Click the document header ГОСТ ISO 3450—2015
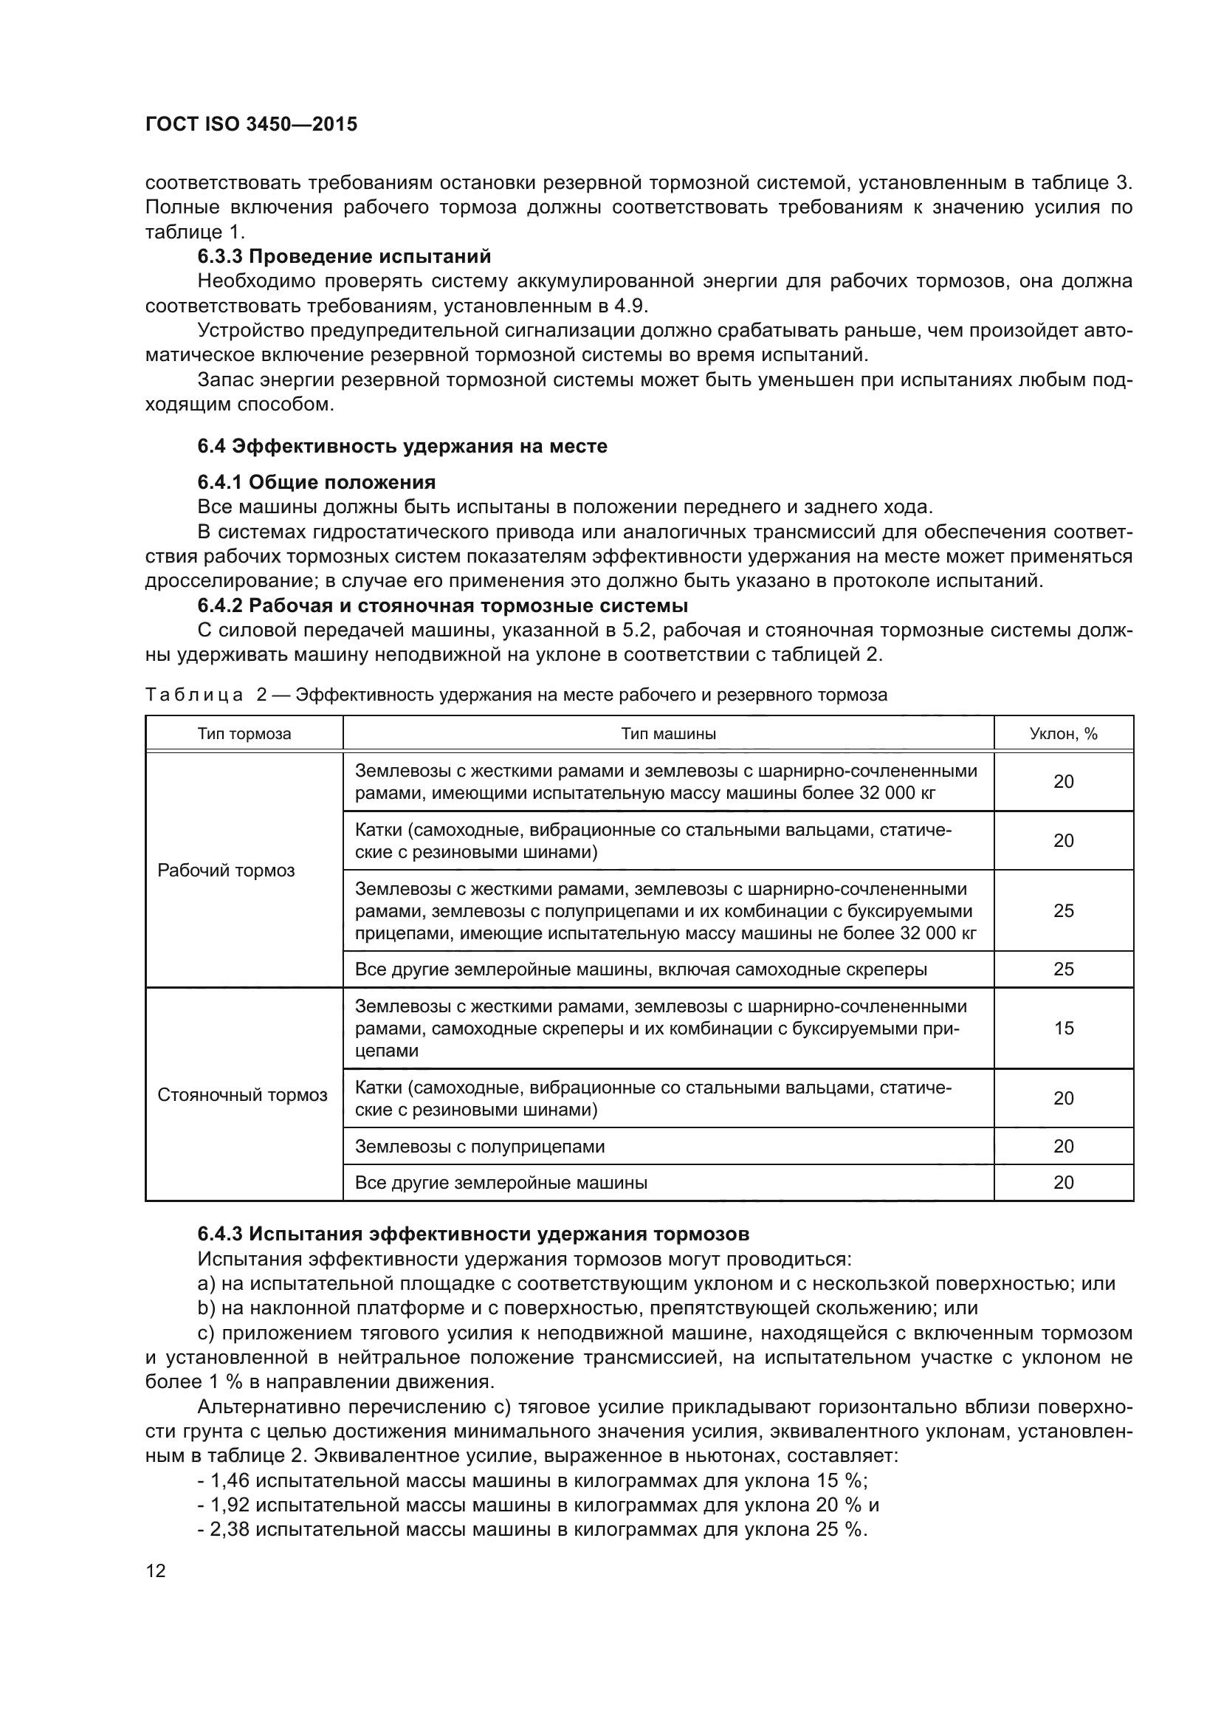251,124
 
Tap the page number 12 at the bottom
156,1570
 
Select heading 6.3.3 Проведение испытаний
343,256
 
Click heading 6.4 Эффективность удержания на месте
402,446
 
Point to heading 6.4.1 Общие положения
317,482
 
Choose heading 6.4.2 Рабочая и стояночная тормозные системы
443,605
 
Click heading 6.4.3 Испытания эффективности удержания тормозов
473,1235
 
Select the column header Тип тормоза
244,734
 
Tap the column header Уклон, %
1063,734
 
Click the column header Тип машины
668,734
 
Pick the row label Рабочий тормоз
227,871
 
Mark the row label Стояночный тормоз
242,1095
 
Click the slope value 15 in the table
1063,1029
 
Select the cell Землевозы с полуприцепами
480,1147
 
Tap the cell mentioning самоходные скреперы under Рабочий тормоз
641,969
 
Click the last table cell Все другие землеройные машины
501,1183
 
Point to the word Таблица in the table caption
194,695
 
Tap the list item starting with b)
586,1308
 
